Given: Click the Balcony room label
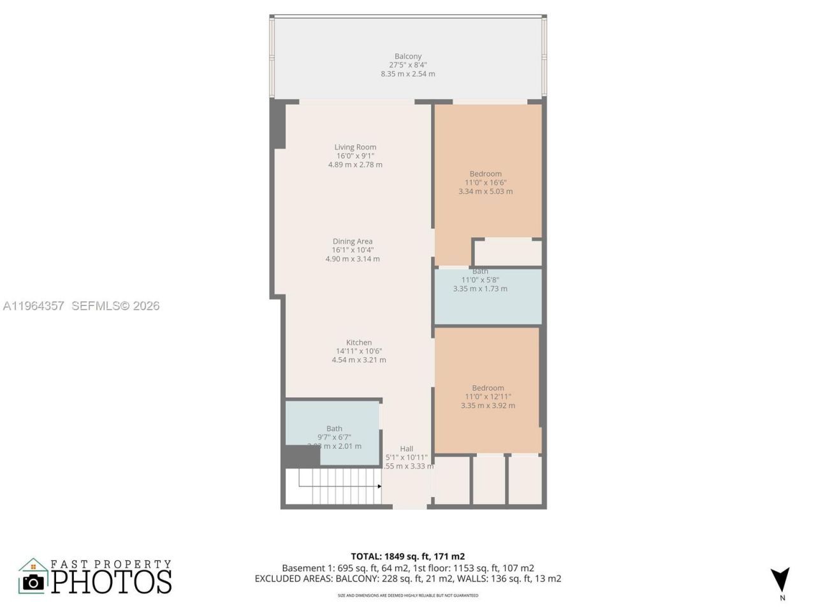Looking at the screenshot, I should [x=408, y=57].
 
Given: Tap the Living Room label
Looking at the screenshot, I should [x=355, y=147].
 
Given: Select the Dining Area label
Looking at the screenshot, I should [x=353, y=242].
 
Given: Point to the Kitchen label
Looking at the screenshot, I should [x=359, y=342].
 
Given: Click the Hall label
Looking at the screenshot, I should [x=407, y=449].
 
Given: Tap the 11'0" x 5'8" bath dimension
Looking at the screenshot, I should [x=480, y=280].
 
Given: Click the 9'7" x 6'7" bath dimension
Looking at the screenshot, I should [x=334, y=437].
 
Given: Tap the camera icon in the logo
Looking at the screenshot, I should [x=33, y=581].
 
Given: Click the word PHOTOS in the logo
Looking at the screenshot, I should [x=112, y=581].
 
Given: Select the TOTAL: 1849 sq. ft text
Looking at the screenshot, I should [x=408, y=557].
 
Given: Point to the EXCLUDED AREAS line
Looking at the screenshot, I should [x=408, y=579].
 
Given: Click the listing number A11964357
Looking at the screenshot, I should [x=34, y=306].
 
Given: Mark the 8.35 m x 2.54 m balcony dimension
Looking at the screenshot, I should [x=408, y=74].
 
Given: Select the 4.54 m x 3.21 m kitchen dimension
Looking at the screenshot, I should [x=359, y=360].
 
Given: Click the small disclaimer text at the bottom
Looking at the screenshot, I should [x=408, y=596].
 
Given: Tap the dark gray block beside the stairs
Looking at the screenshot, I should [x=301, y=456].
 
